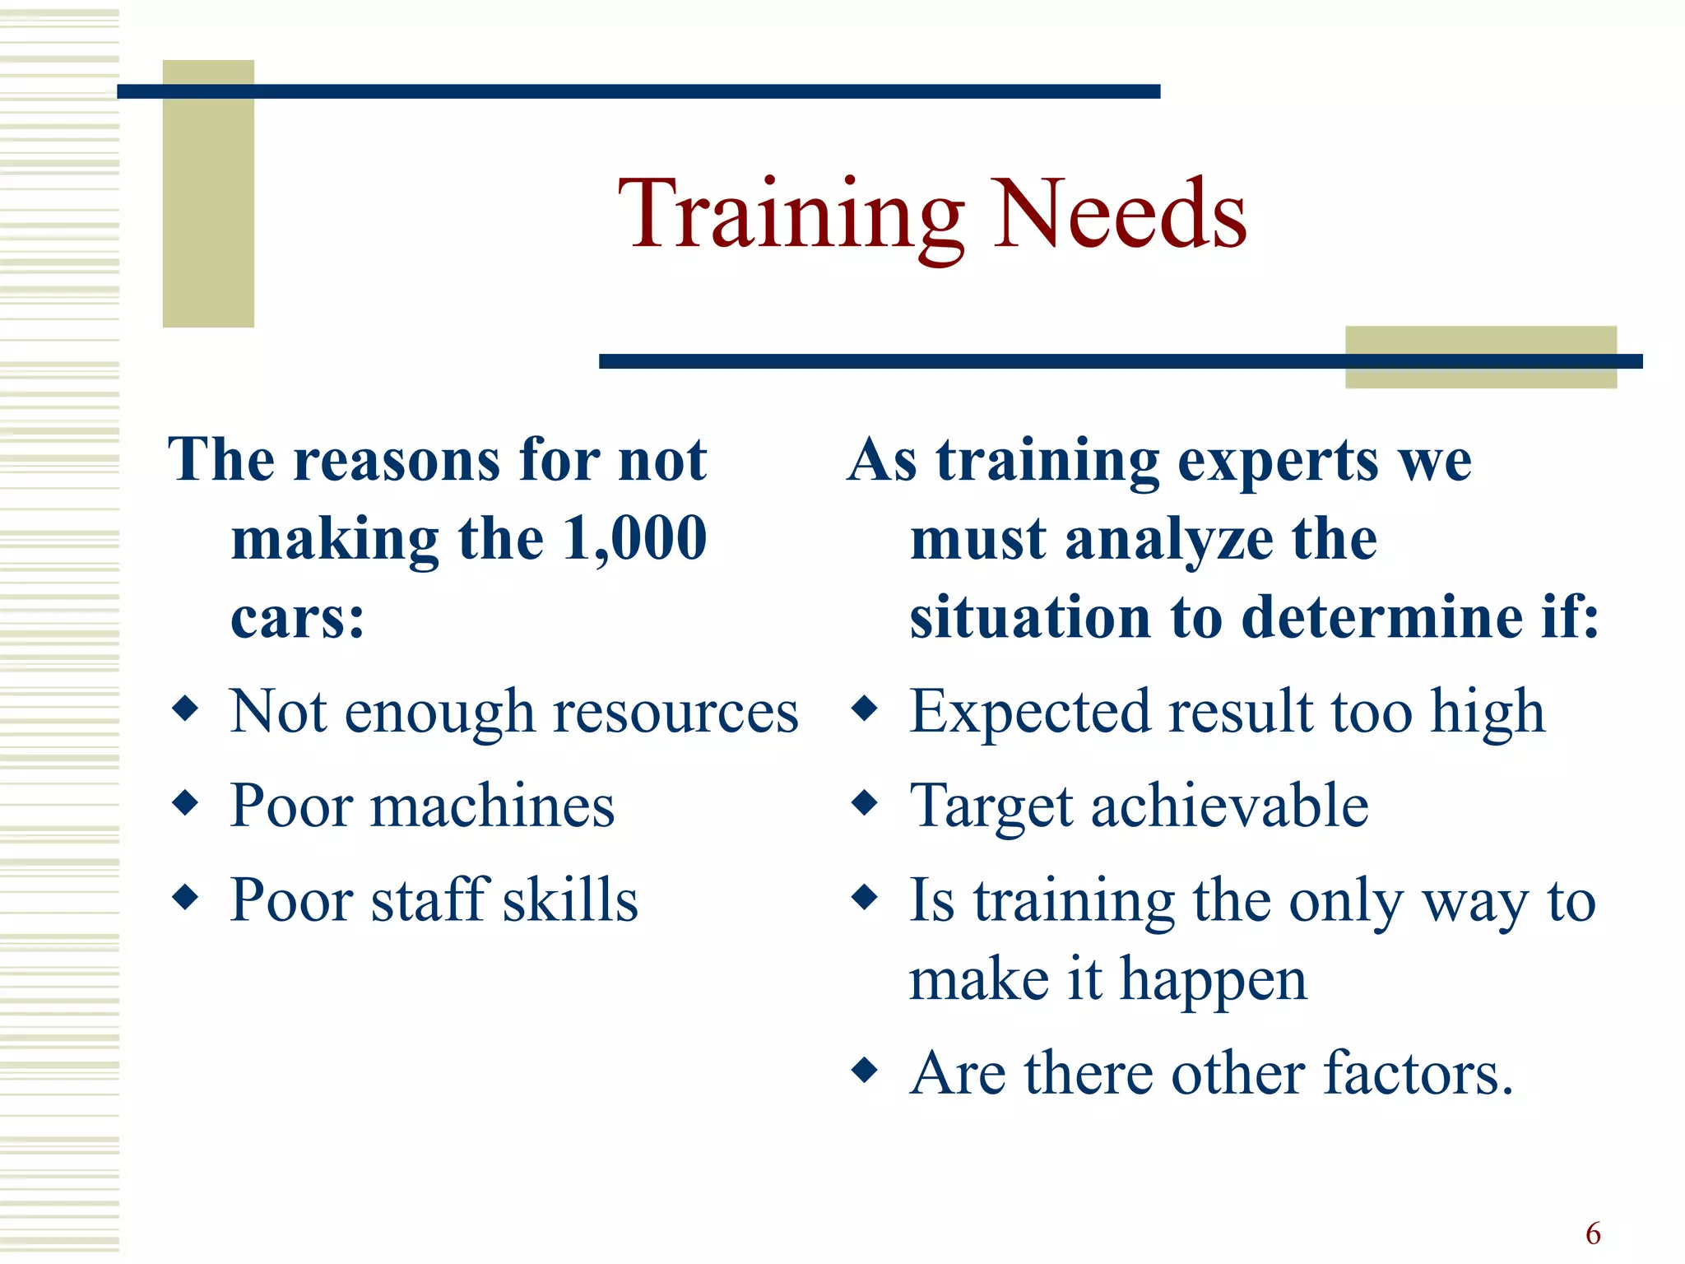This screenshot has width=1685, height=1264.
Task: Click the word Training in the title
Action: (790, 216)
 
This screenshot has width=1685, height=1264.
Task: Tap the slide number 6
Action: (1593, 1234)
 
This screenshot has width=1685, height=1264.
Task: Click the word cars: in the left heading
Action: (297, 617)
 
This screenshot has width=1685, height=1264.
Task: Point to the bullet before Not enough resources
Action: (186, 708)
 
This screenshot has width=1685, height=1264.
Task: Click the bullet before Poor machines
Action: (186, 802)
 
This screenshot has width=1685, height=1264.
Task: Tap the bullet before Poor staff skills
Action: (186, 897)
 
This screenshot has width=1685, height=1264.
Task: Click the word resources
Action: (675, 712)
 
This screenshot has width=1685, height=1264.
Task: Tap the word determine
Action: (1381, 617)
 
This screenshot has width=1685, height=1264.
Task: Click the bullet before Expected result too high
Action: (865, 708)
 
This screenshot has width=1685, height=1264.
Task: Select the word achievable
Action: (1230, 806)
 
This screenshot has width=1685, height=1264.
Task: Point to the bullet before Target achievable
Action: (865, 802)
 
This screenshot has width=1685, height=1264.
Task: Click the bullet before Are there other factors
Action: (865, 1071)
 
